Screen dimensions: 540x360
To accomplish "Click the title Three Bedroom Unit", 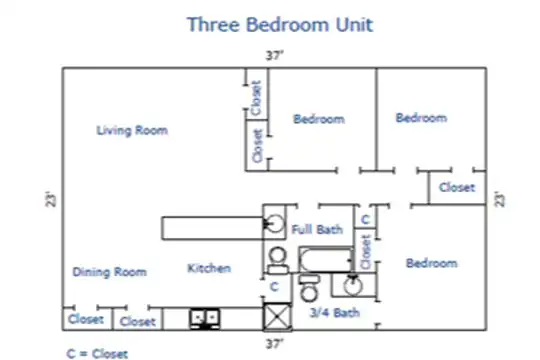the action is click(x=280, y=24).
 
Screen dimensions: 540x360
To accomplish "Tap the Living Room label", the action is click(x=132, y=130).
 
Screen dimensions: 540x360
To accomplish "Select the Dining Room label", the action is click(x=110, y=272).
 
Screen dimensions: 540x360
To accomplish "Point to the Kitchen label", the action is click(x=209, y=268).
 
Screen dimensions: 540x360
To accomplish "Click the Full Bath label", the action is click(x=317, y=229).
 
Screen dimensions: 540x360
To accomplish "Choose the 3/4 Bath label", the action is click(x=335, y=312).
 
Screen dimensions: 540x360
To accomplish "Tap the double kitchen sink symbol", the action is click(x=205, y=319).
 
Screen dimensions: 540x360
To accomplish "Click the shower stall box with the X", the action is click(x=277, y=317).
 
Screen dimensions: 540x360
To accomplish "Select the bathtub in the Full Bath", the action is click(x=326, y=259).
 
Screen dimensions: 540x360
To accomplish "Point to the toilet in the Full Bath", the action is click(x=278, y=261).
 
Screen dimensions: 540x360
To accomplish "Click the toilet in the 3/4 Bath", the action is click(x=309, y=288).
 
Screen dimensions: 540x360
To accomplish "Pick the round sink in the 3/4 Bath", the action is click(x=353, y=286).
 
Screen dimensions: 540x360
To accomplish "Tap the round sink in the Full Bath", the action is click(x=275, y=224).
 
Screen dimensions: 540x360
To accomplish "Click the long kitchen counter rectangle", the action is click(x=212, y=228).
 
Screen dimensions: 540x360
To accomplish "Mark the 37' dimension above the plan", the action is click(x=274, y=55).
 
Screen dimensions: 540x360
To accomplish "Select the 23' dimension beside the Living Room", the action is click(x=51, y=199).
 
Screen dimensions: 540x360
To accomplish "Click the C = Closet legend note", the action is click(x=97, y=354).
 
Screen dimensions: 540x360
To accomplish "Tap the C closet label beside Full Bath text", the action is click(x=366, y=219).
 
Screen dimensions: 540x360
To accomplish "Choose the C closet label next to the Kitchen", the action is click(x=274, y=287).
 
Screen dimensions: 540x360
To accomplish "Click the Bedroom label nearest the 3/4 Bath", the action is click(x=432, y=263).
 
